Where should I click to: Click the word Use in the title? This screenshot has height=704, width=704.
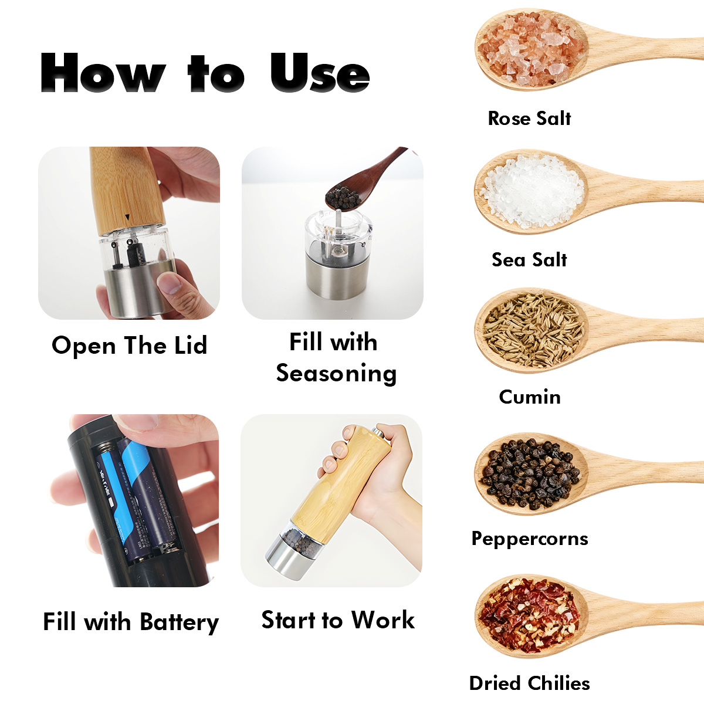coord(320,73)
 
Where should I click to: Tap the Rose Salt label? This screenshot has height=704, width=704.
coord(529,119)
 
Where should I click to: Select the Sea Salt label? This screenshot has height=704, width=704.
coord(529,260)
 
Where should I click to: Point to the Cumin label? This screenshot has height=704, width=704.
coord(530,397)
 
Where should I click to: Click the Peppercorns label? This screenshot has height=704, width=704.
coord(530,539)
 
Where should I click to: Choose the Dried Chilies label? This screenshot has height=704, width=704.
coord(529,683)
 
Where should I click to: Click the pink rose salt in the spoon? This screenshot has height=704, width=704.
coord(530,49)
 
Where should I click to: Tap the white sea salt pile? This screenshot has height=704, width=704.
coord(532,191)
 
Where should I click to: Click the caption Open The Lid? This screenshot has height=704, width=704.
coord(129,346)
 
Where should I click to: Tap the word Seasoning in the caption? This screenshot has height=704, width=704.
coord(336,374)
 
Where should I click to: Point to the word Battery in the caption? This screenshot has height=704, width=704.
coord(179,622)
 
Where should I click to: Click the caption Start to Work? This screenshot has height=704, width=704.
coord(338,620)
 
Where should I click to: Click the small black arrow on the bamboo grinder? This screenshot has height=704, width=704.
coord(127,217)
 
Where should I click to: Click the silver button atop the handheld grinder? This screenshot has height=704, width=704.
coord(378,432)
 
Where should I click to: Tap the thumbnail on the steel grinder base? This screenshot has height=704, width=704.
coord(170,283)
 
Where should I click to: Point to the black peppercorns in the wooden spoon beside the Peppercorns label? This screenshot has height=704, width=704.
coord(530,474)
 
